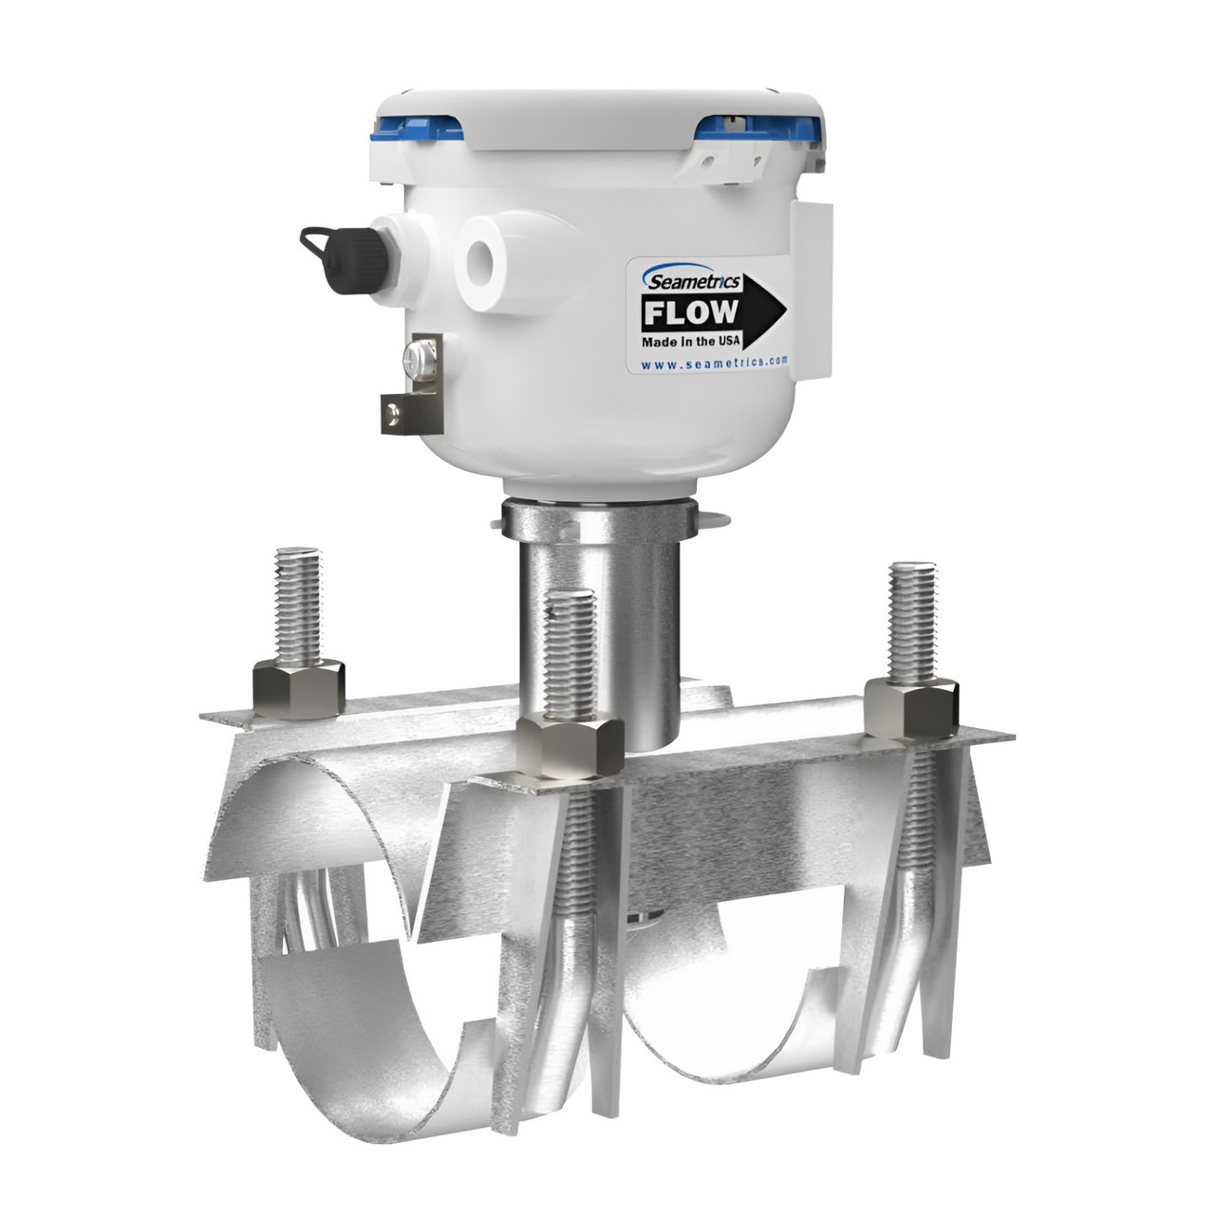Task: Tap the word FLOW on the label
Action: click(x=690, y=312)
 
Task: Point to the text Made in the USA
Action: click(x=692, y=341)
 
